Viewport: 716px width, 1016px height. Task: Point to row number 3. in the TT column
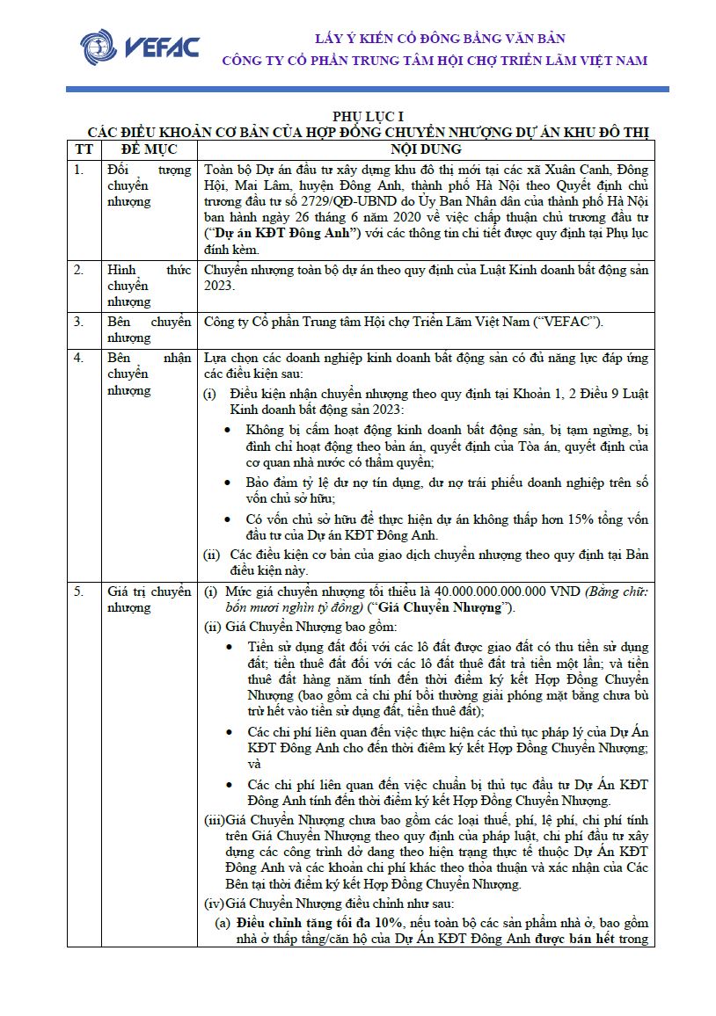79,322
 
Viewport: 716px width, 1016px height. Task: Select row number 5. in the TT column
79,591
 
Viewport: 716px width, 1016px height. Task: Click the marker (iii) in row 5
214,819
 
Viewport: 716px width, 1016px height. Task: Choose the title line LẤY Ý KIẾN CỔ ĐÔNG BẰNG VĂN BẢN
440,39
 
